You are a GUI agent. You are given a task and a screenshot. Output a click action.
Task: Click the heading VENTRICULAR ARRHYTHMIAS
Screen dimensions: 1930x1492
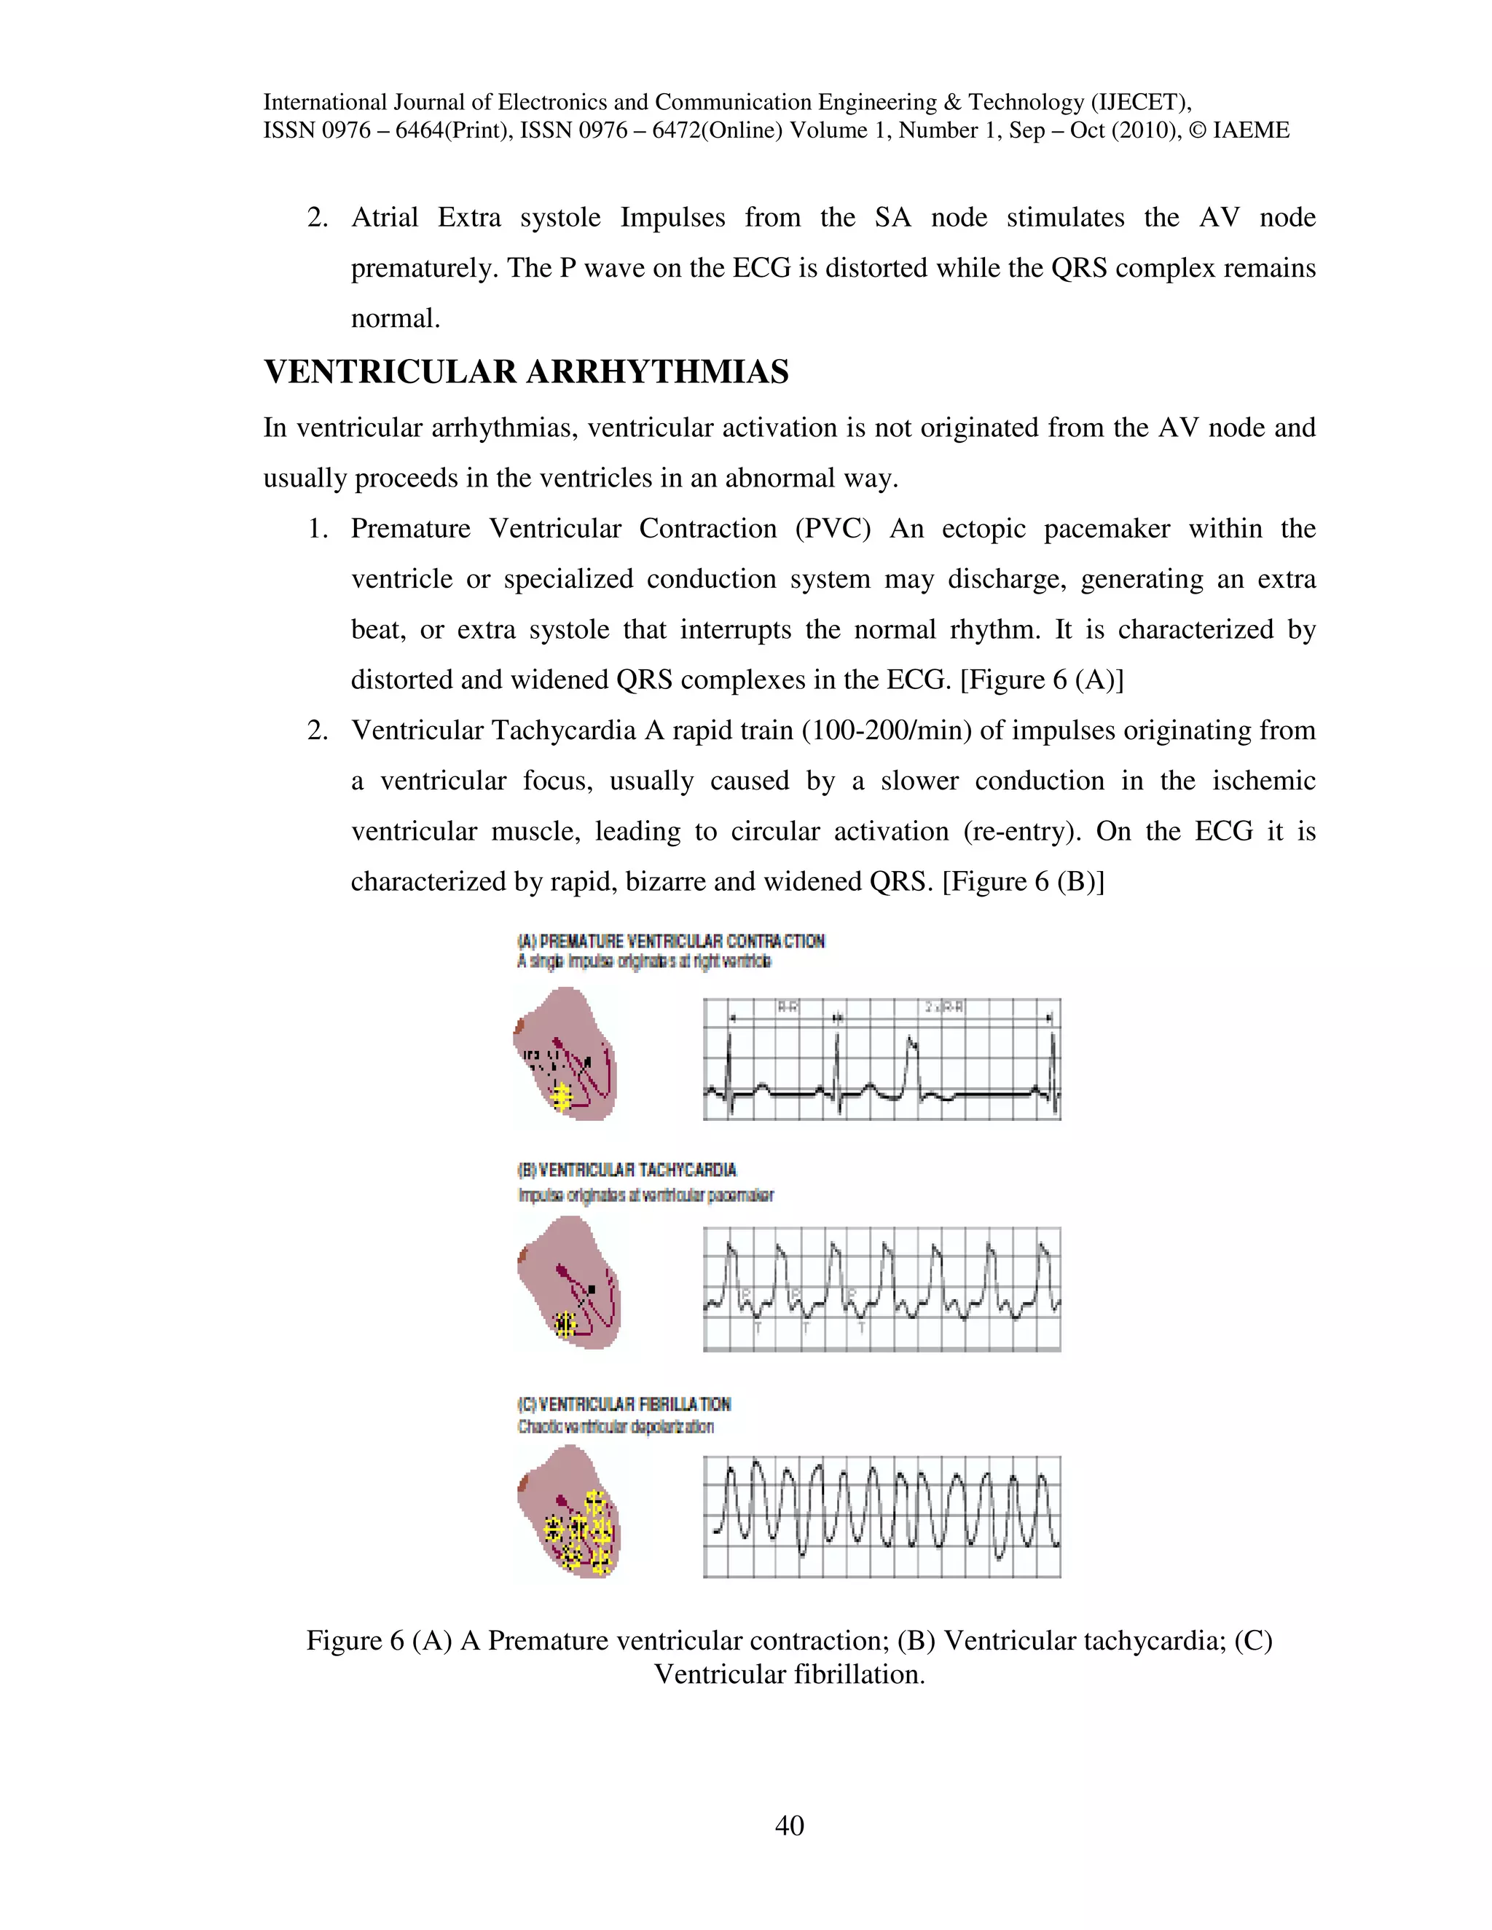(526, 372)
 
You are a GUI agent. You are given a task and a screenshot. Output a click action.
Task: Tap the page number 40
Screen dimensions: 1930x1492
(789, 1825)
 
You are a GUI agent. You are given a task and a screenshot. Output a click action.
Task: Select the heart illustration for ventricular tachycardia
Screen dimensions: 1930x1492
(568, 1283)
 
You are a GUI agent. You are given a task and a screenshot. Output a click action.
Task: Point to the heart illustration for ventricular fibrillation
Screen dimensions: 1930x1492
(568, 1512)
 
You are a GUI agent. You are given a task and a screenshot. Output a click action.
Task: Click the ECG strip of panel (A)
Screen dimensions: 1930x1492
(882, 1059)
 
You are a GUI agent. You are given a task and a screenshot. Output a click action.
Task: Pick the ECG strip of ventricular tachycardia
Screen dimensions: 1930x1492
(882, 1288)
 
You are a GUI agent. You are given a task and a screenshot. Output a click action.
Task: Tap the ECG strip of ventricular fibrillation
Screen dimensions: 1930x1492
(882, 1516)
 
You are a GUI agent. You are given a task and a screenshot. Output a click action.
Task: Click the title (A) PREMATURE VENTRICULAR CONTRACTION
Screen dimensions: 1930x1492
(671, 941)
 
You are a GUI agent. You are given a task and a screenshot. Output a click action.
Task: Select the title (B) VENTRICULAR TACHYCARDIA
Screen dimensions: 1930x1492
(627, 1170)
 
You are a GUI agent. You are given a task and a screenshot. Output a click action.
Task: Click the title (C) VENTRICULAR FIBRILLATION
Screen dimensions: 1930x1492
(624, 1404)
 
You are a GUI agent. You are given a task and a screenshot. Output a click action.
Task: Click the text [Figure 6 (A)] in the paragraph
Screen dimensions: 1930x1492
(1041, 680)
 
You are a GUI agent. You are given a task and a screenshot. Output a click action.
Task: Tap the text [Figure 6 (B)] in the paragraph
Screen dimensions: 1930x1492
(1023, 882)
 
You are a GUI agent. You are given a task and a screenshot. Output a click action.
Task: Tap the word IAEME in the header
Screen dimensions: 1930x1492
(1251, 131)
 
